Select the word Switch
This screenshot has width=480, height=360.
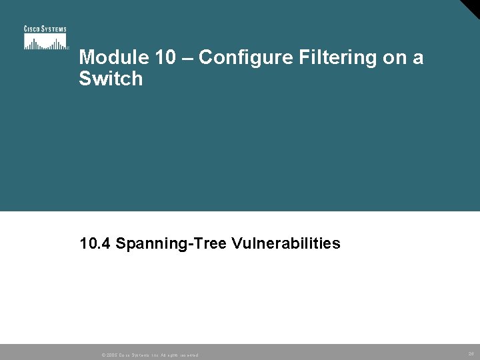(111, 79)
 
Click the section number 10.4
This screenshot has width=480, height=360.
(95, 244)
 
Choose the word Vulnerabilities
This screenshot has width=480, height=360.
(287, 244)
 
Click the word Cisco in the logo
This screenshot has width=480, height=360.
(33, 29)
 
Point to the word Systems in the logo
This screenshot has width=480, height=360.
(54, 29)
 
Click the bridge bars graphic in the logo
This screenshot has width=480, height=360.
(46, 42)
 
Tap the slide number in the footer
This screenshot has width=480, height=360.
(471, 354)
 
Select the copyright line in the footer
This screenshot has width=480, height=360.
(149, 355)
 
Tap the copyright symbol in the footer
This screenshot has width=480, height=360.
(103, 355)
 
